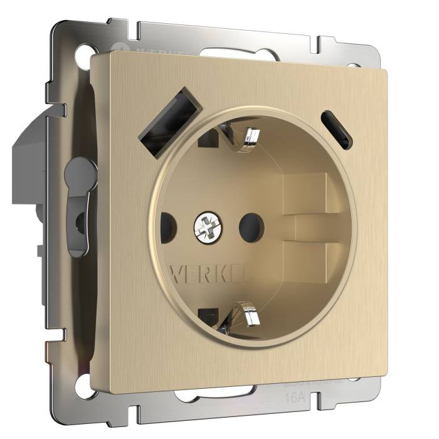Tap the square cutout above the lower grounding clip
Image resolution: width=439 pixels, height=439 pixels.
pos(205,314)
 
